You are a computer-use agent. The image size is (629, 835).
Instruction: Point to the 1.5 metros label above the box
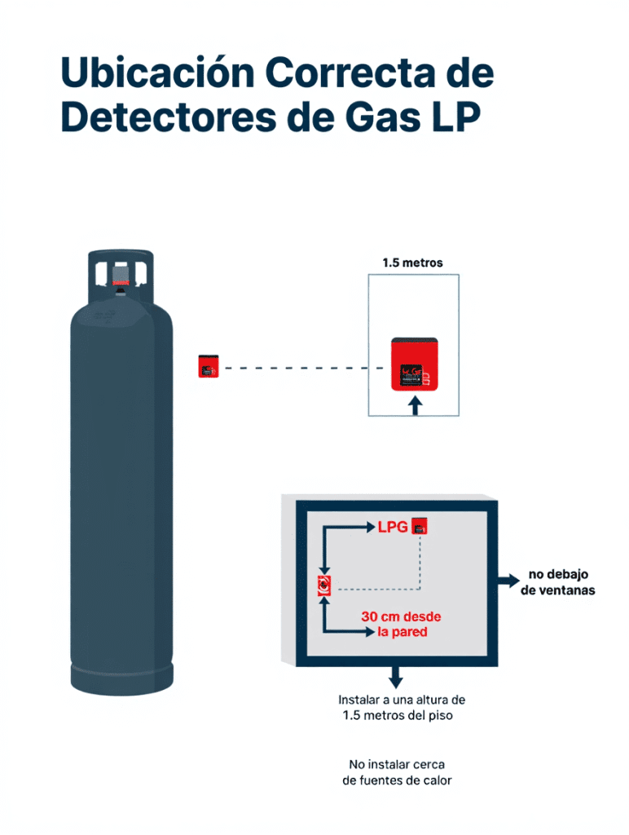(x=412, y=263)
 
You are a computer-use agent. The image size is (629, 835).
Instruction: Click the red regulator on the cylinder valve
(x=121, y=288)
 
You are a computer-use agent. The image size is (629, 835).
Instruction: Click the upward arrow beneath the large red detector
(x=415, y=405)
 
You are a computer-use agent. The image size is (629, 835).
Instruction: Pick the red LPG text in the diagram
(x=392, y=527)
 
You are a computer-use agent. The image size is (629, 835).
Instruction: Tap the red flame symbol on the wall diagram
(x=325, y=585)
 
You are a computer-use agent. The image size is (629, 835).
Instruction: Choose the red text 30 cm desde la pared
(x=401, y=624)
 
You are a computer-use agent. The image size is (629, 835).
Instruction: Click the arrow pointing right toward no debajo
(x=508, y=581)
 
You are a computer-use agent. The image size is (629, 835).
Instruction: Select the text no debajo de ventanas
(x=557, y=582)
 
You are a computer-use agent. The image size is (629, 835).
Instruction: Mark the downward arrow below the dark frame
(x=396, y=677)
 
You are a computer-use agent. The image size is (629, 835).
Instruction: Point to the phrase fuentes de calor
(x=397, y=780)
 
